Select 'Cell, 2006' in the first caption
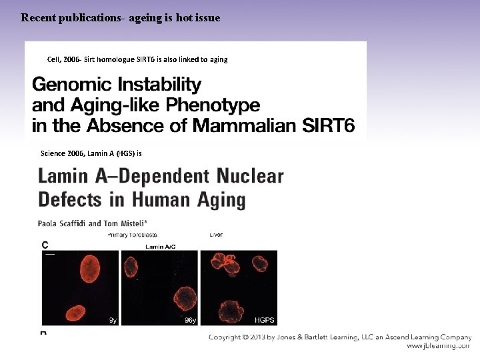(63, 59)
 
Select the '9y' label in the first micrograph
(113, 320)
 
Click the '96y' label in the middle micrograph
(190, 320)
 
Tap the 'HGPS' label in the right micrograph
(265, 320)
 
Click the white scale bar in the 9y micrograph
(49, 254)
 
